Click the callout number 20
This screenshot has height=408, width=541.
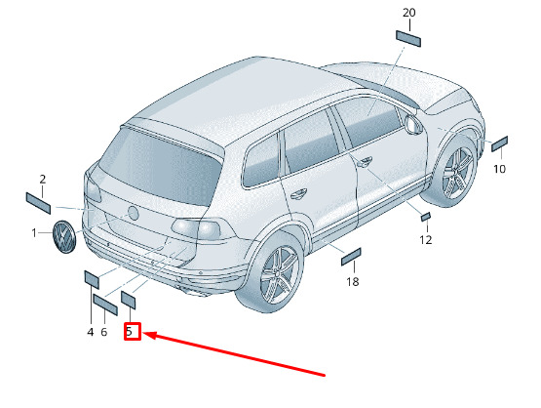(408, 13)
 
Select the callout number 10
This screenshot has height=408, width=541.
(500, 169)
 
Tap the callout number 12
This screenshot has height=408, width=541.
(426, 239)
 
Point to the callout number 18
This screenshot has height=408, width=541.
(353, 282)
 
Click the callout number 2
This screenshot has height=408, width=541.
(43, 180)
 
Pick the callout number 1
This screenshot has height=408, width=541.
(34, 233)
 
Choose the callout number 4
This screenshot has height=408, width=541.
(91, 332)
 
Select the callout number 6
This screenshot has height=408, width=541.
(104, 332)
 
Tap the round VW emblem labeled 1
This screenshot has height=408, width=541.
(64, 236)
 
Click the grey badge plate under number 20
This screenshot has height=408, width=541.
(408, 39)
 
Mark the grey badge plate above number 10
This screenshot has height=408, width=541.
(499, 143)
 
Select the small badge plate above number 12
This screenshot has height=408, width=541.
(426, 217)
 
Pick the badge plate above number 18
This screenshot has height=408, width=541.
(351, 257)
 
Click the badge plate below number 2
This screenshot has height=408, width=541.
(38, 203)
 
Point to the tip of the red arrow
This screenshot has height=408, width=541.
(143, 334)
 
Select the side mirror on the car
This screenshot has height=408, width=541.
(413, 124)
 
